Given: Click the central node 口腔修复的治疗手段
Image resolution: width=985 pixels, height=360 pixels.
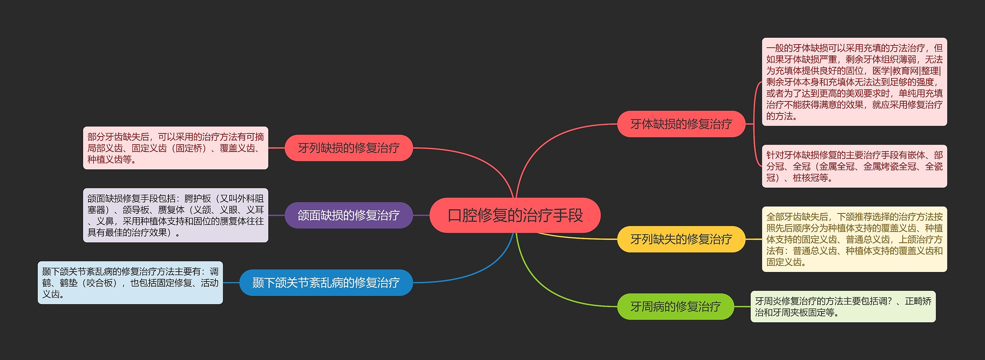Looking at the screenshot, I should coord(515,215).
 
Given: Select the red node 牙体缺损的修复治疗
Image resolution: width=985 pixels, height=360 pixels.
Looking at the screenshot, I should coord(681,124).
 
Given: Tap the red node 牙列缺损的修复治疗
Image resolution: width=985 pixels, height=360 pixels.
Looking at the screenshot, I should coord(349,148).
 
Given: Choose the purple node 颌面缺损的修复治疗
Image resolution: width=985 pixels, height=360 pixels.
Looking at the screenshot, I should coord(349,215).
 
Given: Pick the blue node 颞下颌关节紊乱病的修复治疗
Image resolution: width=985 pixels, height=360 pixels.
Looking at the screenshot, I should coord(326,283).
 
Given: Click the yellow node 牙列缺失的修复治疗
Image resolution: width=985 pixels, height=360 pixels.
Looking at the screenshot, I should coord(681,239).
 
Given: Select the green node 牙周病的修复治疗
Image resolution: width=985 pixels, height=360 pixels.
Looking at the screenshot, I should coord(675,307).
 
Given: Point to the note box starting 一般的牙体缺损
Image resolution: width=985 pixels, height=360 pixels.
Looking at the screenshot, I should coord(854,82).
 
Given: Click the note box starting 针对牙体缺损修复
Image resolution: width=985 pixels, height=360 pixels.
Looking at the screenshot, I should coord(854,166).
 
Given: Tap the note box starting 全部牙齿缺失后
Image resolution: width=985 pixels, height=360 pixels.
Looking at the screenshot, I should coord(854,239).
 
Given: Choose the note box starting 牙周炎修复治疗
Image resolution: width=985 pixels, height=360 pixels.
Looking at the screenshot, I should coord(843,307).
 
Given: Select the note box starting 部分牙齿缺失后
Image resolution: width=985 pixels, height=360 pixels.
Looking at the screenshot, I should coord(175,148).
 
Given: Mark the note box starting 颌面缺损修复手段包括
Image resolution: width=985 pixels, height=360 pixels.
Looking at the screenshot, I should coord(175,215).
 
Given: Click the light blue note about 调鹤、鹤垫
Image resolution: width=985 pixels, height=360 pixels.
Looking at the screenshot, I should coord(130,283).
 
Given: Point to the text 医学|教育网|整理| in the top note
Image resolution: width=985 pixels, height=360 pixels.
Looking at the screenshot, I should coord(906,71).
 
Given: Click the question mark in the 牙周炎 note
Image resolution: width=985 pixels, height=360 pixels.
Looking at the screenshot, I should coord(889,301).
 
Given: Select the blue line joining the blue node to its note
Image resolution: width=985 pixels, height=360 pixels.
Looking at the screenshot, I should coord(231,283).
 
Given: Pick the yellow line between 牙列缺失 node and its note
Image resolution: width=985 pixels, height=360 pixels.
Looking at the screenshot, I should coord(753,239).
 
